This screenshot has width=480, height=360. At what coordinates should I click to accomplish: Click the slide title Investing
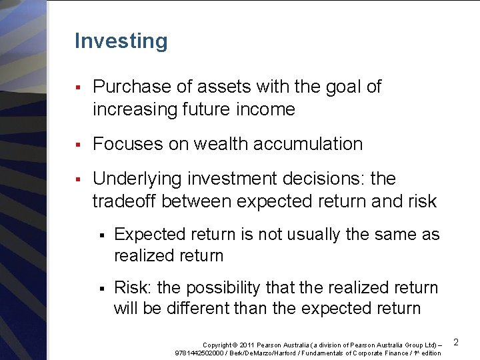click(x=121, y=41)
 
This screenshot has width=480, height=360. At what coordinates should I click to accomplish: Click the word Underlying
click(x=134, y=179)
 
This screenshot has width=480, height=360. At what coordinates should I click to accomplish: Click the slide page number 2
click(x=457, y=342)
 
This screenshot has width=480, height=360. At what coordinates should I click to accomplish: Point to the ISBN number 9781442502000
click(x=199, y=352)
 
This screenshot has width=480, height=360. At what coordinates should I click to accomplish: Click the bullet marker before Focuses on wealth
click(x=78, y=144)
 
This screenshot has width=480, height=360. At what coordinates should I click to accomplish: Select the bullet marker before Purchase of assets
click(x=78, y=87)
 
